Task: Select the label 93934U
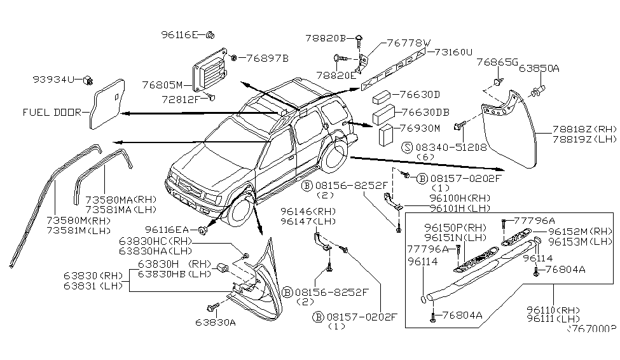coord(54,79)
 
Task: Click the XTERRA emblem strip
coord(394,71)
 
